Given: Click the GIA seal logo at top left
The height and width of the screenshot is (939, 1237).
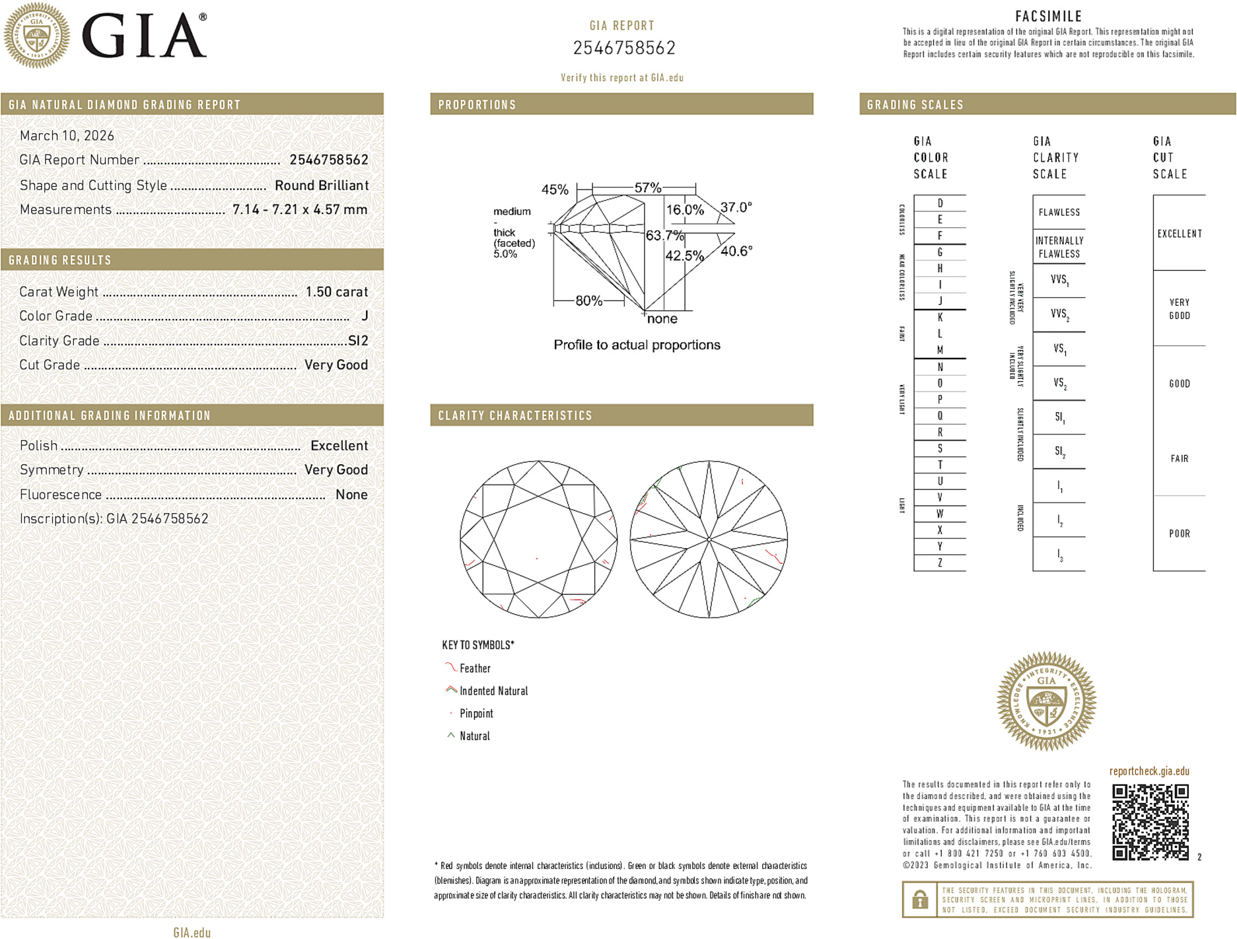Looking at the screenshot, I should [37, 36].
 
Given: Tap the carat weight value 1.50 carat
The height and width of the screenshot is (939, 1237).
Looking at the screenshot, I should [336, 292].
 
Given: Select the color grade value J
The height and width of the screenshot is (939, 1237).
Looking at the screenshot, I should [365, 316].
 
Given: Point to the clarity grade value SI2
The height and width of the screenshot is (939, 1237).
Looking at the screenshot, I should [358, 341].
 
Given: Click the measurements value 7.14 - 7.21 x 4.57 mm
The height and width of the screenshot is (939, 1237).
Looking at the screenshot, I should [300, 210].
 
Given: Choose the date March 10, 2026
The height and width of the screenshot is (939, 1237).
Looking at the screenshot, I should [67, 136].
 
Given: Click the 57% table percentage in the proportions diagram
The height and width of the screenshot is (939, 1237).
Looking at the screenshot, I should [647, 188].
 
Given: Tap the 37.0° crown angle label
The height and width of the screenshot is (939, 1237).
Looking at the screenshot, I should [736, 207].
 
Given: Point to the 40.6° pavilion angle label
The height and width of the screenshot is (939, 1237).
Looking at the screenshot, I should [736, 251].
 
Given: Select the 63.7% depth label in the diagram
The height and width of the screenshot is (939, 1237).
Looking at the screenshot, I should [664, 236].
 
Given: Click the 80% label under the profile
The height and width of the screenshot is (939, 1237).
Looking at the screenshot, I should [588, 301].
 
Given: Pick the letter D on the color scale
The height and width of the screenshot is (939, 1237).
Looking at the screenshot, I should [940, 203].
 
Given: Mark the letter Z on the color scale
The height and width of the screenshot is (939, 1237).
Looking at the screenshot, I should [940, 563].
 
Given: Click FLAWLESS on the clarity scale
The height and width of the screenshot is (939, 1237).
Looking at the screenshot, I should [1059, 213].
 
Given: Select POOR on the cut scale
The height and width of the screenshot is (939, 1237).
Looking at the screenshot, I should [1179, 534].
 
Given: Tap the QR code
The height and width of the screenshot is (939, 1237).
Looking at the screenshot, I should [1150, 822].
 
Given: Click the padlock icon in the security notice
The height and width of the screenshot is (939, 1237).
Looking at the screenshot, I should [919, 899].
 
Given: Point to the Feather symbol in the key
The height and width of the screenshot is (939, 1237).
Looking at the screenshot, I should [450, 668].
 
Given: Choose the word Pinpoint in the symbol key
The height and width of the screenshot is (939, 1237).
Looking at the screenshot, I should [476, 714].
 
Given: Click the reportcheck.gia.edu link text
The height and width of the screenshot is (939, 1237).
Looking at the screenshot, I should [1149, 771].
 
